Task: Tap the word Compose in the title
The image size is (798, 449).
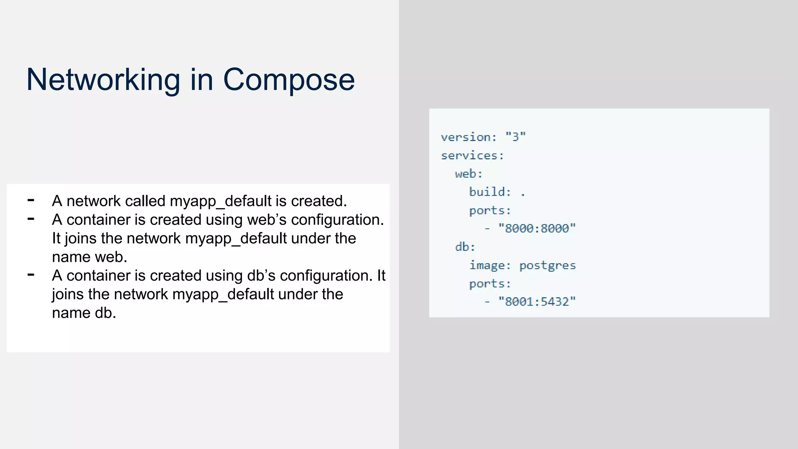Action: pos(289,80)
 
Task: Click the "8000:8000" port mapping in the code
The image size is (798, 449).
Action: pos(537,228)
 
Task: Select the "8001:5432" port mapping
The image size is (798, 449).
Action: pos(537,302)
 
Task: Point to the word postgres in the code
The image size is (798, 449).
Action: pos(547,265)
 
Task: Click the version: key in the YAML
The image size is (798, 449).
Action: pos(469,137)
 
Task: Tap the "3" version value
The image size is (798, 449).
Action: pos(516,137)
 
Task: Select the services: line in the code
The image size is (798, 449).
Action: pos(472,156)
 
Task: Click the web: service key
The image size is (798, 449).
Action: pos(468,174)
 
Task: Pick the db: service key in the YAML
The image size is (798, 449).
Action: pos(465,247)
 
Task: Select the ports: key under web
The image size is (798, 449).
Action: pos(490,210)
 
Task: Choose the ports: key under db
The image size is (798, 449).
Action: pos(490,284)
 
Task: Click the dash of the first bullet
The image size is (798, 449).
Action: pos(31,200)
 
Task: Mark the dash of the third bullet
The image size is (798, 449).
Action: pos(31,275)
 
